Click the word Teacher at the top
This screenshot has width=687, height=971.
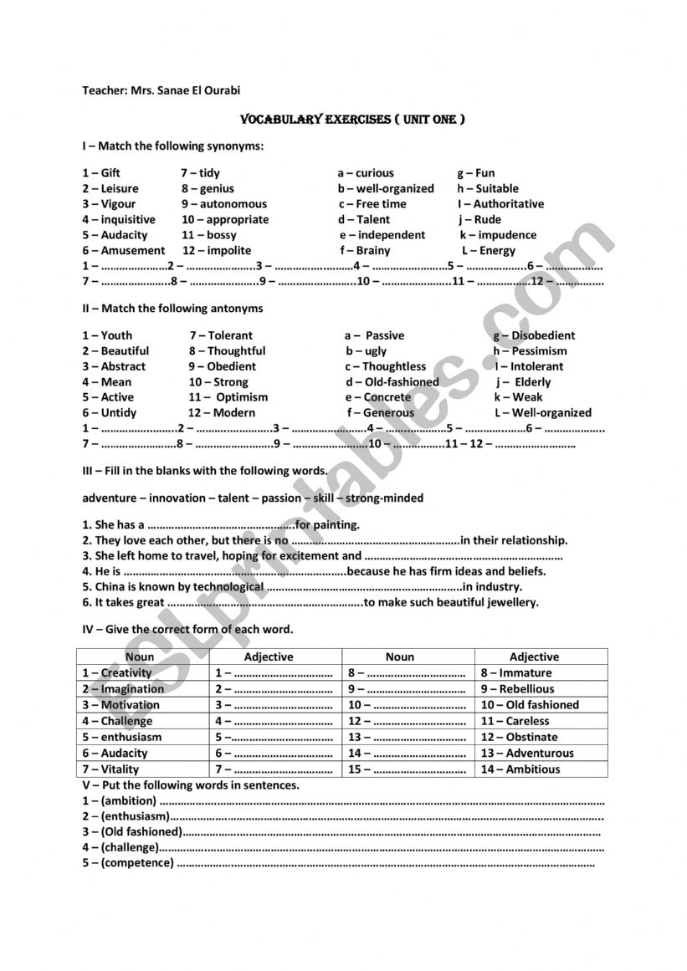[102, 89]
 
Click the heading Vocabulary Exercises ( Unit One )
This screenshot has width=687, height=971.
[352, 120]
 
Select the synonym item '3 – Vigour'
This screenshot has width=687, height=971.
[109, 204]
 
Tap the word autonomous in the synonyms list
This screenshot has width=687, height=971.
[233, 204]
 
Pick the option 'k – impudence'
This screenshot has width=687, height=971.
[498, 236]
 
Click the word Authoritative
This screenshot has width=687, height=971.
[508, 204]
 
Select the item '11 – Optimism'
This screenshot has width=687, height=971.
[228, 398]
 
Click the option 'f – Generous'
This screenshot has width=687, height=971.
[381, 413]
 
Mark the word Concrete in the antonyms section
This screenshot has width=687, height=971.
[387, 398]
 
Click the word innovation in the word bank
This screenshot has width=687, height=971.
[177, 498]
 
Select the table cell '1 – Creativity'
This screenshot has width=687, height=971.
[117, 673]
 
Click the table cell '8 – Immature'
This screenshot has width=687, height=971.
[516, 673]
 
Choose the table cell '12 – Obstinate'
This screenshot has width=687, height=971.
[519, 738]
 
